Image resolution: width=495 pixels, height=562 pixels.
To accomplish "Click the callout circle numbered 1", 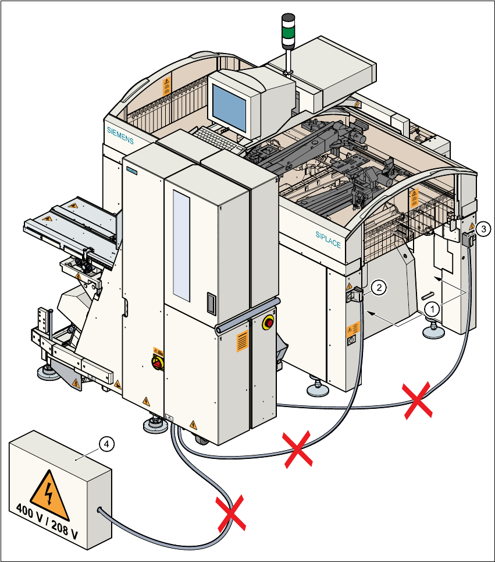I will pos(431,306).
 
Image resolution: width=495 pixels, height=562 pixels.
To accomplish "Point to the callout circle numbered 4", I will pos(105,444).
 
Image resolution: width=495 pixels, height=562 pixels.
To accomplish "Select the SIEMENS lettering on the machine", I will pos(120,135).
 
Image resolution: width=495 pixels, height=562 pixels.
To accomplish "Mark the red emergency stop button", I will pos(269,322).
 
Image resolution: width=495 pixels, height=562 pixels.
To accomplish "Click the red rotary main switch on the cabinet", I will pos(157,363).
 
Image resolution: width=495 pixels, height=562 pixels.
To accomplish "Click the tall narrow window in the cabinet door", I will pos(181,245).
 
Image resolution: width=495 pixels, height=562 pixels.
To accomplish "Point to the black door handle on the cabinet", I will pos(211,303).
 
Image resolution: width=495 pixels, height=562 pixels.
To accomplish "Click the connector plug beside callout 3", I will pos(469,238).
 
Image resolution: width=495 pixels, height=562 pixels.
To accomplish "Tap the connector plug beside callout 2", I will pos(357,294).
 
